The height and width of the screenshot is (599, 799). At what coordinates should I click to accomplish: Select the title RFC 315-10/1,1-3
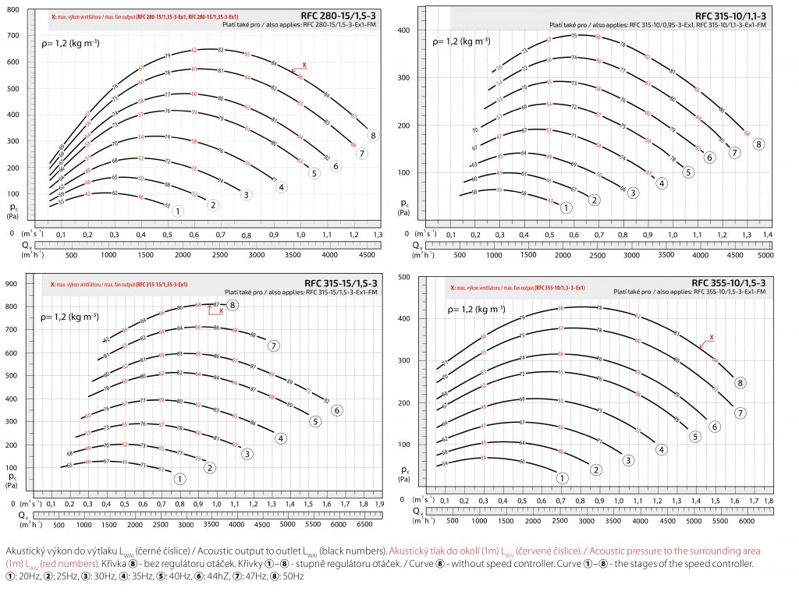(x=730, y=16)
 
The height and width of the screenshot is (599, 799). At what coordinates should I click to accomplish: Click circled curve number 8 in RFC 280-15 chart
(x=374, y=136)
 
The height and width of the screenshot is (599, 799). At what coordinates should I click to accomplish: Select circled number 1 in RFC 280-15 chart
(x=178, y=211)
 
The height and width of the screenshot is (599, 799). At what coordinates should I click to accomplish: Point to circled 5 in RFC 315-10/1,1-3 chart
(x=688, y=172)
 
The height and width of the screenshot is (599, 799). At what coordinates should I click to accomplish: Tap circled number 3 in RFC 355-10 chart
(x=627, y=460)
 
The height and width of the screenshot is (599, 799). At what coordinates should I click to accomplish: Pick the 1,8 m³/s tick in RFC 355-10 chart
(x=769, y=500)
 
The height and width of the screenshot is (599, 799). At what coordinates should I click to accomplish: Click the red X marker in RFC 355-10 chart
(x=710, y=338)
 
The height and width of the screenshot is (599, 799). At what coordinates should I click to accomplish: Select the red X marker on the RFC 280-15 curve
(x=304, y=66)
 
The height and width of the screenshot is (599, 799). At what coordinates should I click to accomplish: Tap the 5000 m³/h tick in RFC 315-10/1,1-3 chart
(x=765, y=254)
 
